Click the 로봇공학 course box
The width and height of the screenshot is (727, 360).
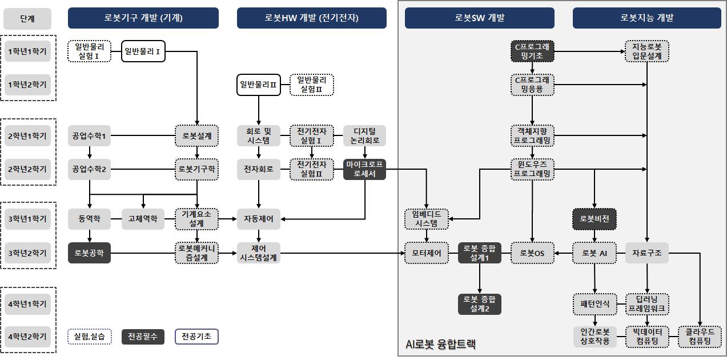(89, 253)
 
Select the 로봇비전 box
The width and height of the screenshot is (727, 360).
(595, 218)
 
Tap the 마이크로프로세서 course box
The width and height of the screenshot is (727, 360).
(364, 169)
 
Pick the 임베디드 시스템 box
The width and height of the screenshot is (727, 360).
(427, 218)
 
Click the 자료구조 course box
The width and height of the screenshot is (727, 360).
(646, 253)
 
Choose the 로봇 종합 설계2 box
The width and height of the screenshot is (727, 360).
(480, 303)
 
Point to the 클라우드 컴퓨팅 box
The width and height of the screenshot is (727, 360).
(700, 337)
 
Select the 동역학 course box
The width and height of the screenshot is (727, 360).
(89, 218)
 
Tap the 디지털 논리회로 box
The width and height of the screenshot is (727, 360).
(364, 136)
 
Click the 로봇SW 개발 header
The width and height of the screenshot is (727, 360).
(480, 18)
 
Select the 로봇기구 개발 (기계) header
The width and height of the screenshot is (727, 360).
(143, 18)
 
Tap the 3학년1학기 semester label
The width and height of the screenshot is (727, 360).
(27, 218)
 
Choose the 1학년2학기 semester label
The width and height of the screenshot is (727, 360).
(27, 85)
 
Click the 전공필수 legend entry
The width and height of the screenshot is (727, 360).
(143, 337)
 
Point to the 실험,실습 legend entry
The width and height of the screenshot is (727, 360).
(89, 337)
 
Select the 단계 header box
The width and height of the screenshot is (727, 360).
(27, 18)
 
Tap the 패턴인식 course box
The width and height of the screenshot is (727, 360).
(595, 303)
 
